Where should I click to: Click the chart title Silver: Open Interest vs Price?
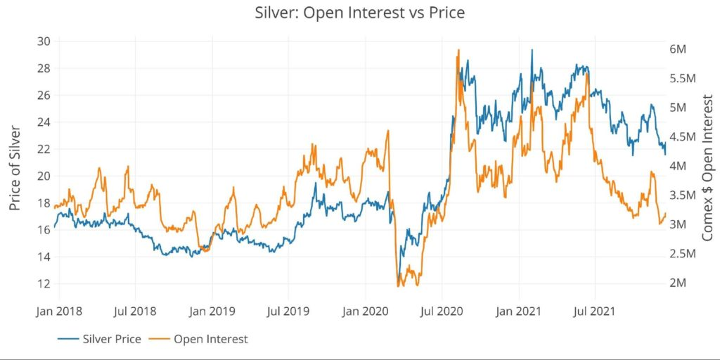(360, 12)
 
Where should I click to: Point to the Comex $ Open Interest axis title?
(707, 169)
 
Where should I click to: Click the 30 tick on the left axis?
(44, 41)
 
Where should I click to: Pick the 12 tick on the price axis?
(44, 283)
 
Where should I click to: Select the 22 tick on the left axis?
(44, 149)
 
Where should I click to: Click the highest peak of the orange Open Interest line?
(458, 50)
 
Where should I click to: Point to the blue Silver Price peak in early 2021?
(532, 50)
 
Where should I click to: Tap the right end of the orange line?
(665, 214)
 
